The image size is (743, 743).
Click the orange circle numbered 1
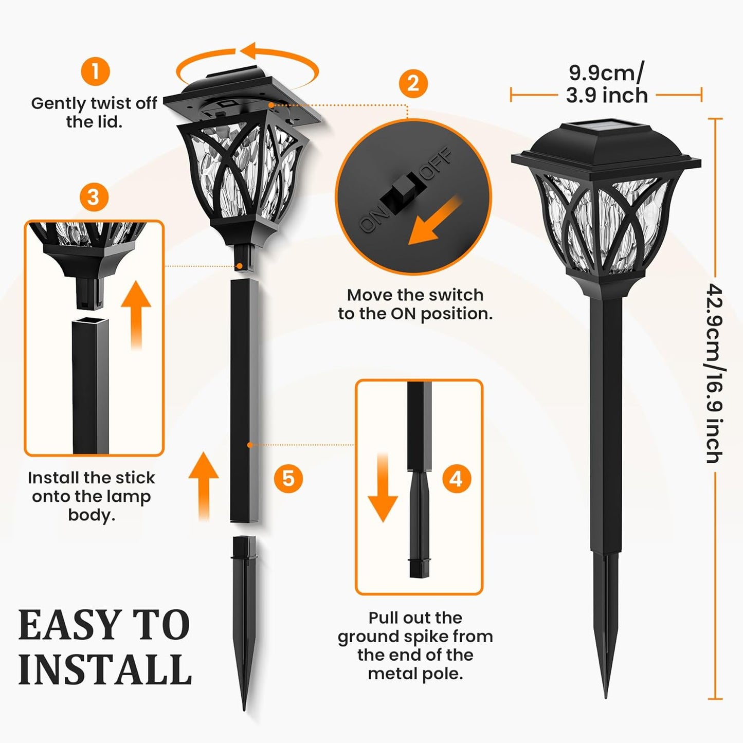click(95, 71)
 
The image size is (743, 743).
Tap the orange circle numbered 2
click(413, 83)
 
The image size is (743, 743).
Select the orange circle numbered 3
click(94, 197)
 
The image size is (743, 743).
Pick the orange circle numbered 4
click(457, 479)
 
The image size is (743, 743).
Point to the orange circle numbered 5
click(288, 479)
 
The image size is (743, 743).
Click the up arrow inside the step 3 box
click(136, 314)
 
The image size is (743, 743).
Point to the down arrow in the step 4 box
click(383, 488)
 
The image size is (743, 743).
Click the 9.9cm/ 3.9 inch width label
click(607, 84)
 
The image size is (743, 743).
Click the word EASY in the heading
click(66, 625)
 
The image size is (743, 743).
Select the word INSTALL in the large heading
click(105, 670)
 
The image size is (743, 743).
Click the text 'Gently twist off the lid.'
click(94, 113)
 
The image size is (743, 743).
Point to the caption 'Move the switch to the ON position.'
click(415, 304)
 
